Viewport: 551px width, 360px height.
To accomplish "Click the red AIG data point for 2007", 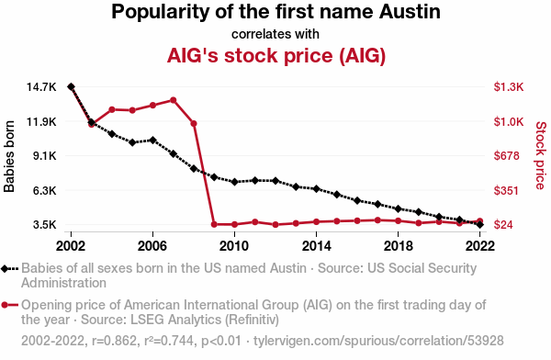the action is [173, 100].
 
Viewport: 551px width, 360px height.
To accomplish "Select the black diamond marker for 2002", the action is [71, 86].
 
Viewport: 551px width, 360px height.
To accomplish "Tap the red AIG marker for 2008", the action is [194, 123].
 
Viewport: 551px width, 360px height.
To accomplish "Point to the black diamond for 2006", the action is [152, 140].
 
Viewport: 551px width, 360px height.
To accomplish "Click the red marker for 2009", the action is [214, 224].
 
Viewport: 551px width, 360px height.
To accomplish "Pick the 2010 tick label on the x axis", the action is [234, 246].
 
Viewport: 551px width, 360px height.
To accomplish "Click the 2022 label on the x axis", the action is [480, 246].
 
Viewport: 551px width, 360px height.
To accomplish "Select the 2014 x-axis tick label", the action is [316, 246].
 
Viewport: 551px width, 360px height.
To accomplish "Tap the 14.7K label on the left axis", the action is [41, 87].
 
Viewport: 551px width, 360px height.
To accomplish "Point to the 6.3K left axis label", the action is [44, 190].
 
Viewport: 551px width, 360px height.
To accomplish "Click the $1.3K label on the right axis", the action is [509, 87].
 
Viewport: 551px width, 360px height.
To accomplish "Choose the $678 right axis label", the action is [506, 156].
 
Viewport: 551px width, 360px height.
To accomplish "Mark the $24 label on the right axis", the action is [503, 225].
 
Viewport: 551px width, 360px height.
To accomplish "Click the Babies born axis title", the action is [9, 156].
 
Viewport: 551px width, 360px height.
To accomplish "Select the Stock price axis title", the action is [541, 155].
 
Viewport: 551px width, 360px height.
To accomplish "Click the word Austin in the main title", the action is [410, 12].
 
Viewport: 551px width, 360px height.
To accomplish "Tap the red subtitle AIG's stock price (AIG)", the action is [276, 55].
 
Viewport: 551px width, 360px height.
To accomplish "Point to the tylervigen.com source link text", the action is [378, 341].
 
